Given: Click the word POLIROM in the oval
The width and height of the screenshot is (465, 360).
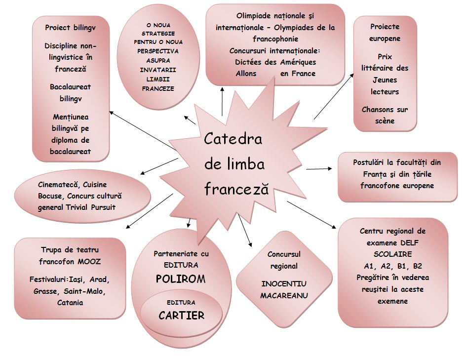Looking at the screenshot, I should pyautogui.click(x=180, y=279).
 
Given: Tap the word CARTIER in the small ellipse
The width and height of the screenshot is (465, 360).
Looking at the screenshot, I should pyautogui.click(x=181, y=315).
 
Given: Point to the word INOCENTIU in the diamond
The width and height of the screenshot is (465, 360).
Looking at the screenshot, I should pyautogui.click(x=284, y=283).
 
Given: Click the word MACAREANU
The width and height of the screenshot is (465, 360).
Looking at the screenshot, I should pyautogui.click(x=284, y=295).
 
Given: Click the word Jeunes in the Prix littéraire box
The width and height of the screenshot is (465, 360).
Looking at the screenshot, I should pyautogui.click(x=385, y=80).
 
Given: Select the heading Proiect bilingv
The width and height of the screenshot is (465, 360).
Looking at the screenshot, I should pyautogui.click(x=70, y=28).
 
